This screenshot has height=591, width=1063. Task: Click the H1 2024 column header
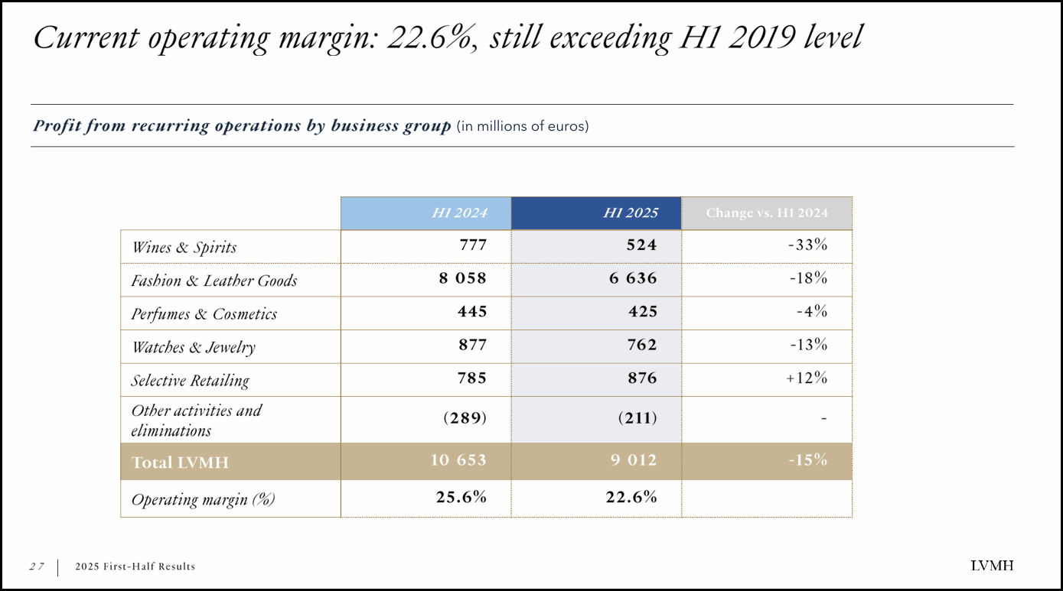click(x=459, y=213)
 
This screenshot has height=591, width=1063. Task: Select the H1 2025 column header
click(x=630, y=213)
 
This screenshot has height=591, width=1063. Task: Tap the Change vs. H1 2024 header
click(x=766, y=213)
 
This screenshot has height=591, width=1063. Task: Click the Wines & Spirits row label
click(x=184, y=247)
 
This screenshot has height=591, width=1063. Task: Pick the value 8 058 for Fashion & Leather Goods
click(x=462, y=279)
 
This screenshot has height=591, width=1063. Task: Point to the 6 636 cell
click(x=633, y=279)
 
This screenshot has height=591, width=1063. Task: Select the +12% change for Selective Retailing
click(x=807, y=378)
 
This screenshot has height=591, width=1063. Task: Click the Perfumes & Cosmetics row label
click(x=204, y=314)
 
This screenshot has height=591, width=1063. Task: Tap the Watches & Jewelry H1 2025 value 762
click(x=641, y=346)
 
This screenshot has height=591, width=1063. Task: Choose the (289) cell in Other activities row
click(x=465, y=418)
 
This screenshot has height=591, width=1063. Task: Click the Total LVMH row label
click(x=180, y=463)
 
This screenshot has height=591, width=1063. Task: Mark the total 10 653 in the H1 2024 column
click(x=458, y=460)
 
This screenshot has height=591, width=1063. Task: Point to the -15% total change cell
click(x=808, y=460)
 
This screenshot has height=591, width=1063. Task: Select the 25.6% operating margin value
click(x=461, y=497)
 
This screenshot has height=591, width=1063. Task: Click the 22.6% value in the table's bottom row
click(x=631, y=497)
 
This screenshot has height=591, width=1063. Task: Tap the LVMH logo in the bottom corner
click(x=992, y=566)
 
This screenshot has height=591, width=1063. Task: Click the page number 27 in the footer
click(x=37, y=567)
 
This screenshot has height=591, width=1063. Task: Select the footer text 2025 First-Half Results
click(x=135, y=567)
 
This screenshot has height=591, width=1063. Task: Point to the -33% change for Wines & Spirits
click(x=807, y=245)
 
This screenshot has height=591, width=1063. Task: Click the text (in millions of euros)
click(x=523, y=126)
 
